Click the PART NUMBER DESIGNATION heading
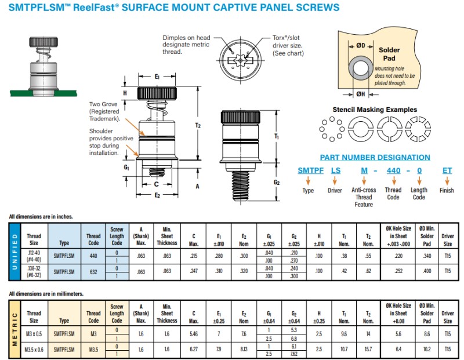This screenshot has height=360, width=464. tap(375, 157)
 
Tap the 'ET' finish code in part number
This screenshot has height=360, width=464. tap(447, 170)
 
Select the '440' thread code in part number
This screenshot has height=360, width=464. tap(393, 170)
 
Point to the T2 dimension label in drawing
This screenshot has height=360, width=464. tap(197, 125)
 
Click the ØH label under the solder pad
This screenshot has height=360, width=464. tap(360, 94)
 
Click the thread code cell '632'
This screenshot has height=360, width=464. tap(93, 271)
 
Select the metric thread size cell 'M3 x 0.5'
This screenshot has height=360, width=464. tap(34, 333)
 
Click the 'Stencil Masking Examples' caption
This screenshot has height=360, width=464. tap(374, 110)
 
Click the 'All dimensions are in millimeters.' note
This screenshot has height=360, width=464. tap(46, 294)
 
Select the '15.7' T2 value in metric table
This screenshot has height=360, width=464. tap(368, 349)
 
